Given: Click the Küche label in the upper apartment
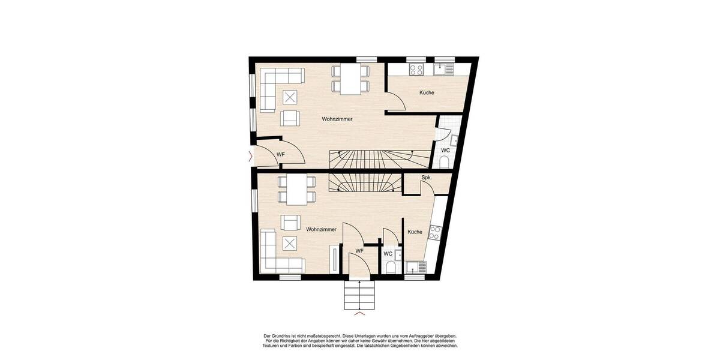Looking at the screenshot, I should (427, 93).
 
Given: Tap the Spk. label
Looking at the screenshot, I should (427, 178).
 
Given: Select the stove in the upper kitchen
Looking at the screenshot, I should (416, 70).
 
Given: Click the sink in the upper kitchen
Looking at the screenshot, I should (442, 70).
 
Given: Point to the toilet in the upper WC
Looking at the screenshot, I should (445, 162).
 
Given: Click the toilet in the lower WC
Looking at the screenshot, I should (390, 268).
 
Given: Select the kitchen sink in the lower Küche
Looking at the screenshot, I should (413, 268).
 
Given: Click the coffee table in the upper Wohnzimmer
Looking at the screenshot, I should (290, 97).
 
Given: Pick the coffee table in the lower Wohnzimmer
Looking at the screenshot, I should (290, 244).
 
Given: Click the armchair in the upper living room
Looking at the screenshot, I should (290, 118).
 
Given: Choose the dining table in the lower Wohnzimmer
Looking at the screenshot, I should (296, 189).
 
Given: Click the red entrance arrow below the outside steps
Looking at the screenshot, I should (359, 314).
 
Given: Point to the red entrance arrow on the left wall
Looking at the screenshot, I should (250, 158).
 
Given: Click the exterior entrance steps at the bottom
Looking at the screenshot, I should (359, 296).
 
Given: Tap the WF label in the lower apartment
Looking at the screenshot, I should (359, 251).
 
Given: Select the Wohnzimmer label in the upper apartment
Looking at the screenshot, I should (337, 119).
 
